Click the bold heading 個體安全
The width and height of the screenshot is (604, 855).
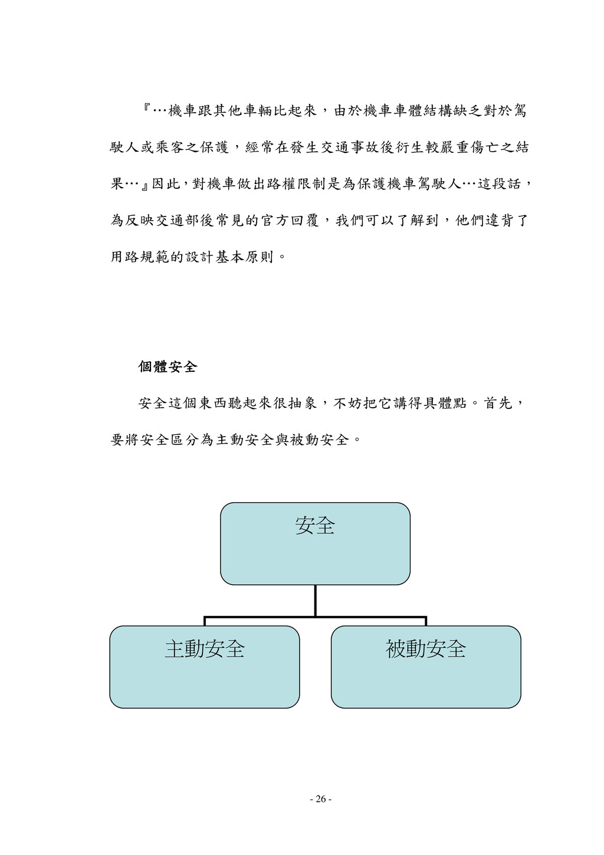tap(167, 367)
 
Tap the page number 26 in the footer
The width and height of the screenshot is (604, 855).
tap(320, 799)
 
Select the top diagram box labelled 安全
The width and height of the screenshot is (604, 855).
tap(315, 543)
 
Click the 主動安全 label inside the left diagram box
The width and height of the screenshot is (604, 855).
tap(205, 649)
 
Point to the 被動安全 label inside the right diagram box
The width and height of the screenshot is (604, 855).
tap(426, 649)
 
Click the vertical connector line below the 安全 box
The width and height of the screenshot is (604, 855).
tap(316, 600)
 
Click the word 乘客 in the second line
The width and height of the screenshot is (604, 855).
tap(170, 148)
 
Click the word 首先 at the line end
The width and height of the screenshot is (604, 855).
tap(498, 404)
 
